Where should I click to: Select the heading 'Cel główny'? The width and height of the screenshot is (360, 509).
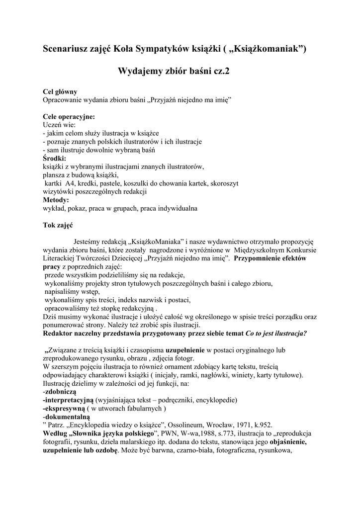click(60, 92)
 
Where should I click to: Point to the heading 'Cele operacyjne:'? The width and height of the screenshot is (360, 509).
click(69, 116)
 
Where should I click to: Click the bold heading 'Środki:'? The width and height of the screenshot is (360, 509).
click(55, 158)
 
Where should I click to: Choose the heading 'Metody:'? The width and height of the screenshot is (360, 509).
click(56, 200)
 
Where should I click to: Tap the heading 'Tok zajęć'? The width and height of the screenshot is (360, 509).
click(58, 225)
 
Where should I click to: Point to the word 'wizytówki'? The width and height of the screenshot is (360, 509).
click(57, 191)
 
